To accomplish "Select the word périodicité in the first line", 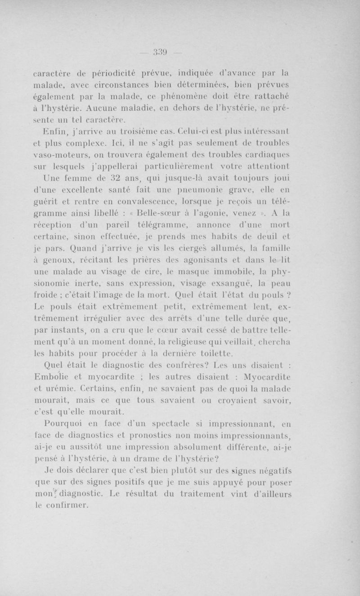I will tap(118, 71).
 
